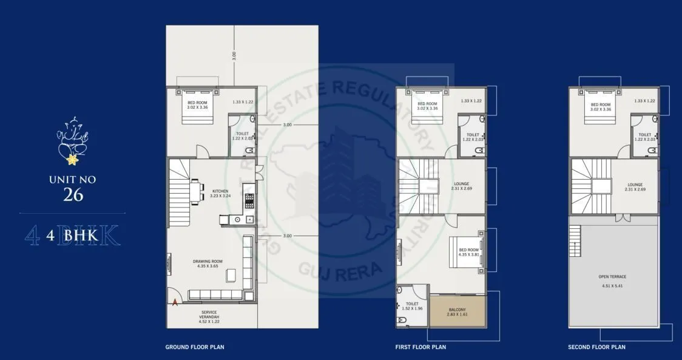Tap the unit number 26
(x=72, y=194)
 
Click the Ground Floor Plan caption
(x=195, y=347)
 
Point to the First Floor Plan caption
(x=420, y=347)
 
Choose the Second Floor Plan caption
(x=596, y=347)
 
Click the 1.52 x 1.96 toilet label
(x=412, y=306)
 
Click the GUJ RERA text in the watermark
(x=340, y=269)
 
